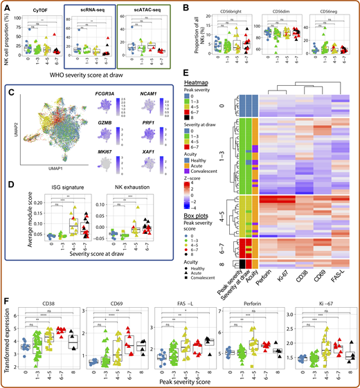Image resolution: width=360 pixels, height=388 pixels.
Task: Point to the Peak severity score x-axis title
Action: [183, 383]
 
